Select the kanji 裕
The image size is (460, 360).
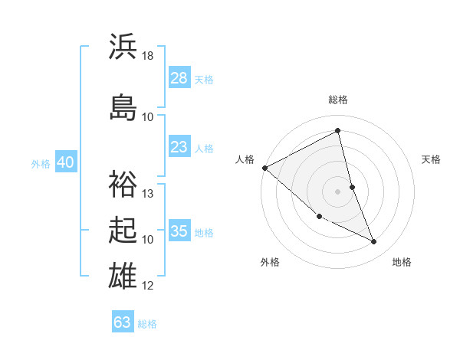pos(123,183)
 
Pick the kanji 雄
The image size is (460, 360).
pos(123,276)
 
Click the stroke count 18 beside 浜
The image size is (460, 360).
pos(148,56)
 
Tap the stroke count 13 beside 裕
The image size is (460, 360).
pos(148,194)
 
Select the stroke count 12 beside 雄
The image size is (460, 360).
pos(148,286)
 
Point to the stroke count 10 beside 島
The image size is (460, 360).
pos(148,116)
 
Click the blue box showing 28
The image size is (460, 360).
pos(179,77)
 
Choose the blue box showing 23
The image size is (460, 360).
pos(179,146)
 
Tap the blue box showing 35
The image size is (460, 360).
pos(179,231)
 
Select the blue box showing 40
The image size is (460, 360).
pos(65,162)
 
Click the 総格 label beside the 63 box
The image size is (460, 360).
pos(147,323)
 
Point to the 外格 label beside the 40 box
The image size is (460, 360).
pos(41,163)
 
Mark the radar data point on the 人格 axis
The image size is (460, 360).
pos(264,168)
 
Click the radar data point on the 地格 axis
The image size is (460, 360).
pos(374,242)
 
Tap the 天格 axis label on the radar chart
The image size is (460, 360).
pos(432,159)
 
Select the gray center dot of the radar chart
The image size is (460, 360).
pos(337,191)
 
